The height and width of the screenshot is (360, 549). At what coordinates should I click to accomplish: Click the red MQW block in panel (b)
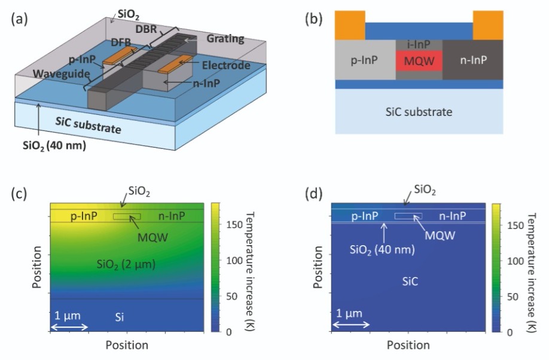[419, 61]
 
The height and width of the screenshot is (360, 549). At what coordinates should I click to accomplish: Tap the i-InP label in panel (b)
[419, 44]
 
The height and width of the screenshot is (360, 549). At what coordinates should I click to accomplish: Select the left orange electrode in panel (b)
[350, 25]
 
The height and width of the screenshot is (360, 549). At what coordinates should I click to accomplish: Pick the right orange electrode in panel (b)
[488, 25]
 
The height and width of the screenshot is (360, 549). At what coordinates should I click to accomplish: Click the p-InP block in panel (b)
[365, 60]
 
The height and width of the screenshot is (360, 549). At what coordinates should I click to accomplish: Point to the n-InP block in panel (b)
[473, 60]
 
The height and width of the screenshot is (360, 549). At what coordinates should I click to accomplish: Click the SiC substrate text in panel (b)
[419, 112]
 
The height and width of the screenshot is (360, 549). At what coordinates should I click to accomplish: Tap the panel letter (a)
[19, 19]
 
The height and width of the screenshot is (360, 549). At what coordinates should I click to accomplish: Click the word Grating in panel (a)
[225, 39]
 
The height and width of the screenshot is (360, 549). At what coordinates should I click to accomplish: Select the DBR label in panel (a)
[146, 29]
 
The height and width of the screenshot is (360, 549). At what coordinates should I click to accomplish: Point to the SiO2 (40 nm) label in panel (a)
[54, 145]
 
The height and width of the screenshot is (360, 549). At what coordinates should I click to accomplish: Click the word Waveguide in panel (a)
[61, 74]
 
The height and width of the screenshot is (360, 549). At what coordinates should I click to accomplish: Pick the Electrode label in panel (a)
[226, 66]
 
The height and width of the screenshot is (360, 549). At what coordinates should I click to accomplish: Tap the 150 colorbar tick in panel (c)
[234, 224]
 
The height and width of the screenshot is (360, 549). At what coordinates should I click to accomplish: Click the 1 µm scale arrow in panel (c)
[69, 328]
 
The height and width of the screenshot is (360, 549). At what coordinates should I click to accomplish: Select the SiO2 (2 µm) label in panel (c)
[126, 264]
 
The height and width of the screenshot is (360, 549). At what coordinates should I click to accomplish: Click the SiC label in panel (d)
[410, 282]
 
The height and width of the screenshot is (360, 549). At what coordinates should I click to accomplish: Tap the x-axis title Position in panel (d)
[408, 345]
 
